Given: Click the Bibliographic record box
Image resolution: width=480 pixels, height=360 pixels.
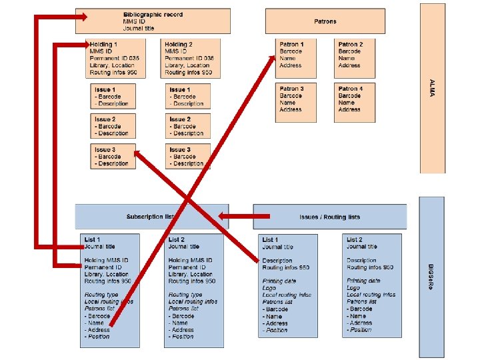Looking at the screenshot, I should (153, 21).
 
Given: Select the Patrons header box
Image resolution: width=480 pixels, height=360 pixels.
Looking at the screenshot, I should (325, 21).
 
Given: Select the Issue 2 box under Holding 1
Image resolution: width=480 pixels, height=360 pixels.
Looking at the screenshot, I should (113, 126).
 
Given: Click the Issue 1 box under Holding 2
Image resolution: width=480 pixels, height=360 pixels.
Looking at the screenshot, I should (187, 96).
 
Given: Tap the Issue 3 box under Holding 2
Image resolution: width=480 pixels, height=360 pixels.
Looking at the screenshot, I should (187, 156).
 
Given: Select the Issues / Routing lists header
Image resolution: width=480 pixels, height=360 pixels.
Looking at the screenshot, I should (329, 217).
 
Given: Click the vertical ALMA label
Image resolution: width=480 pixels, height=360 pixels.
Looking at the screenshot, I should (432, 87).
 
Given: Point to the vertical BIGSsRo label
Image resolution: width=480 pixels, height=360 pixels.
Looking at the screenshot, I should (432, 277).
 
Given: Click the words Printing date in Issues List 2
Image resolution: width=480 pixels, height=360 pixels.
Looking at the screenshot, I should (363, 281).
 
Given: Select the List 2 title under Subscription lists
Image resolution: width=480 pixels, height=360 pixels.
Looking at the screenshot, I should (177, 239).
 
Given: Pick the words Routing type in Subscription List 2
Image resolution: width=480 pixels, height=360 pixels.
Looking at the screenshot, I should (185, 295).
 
